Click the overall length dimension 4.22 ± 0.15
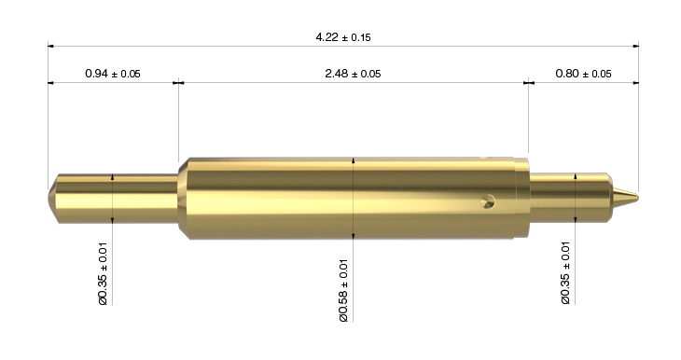343,37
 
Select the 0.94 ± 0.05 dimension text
113,74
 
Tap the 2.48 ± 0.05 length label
353,74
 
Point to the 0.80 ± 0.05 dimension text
583,74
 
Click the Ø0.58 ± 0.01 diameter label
343,291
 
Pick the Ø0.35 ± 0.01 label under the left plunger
103,273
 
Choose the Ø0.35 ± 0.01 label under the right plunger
565,272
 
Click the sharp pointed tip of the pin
638,198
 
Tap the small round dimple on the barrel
488,202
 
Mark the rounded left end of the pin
52,199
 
